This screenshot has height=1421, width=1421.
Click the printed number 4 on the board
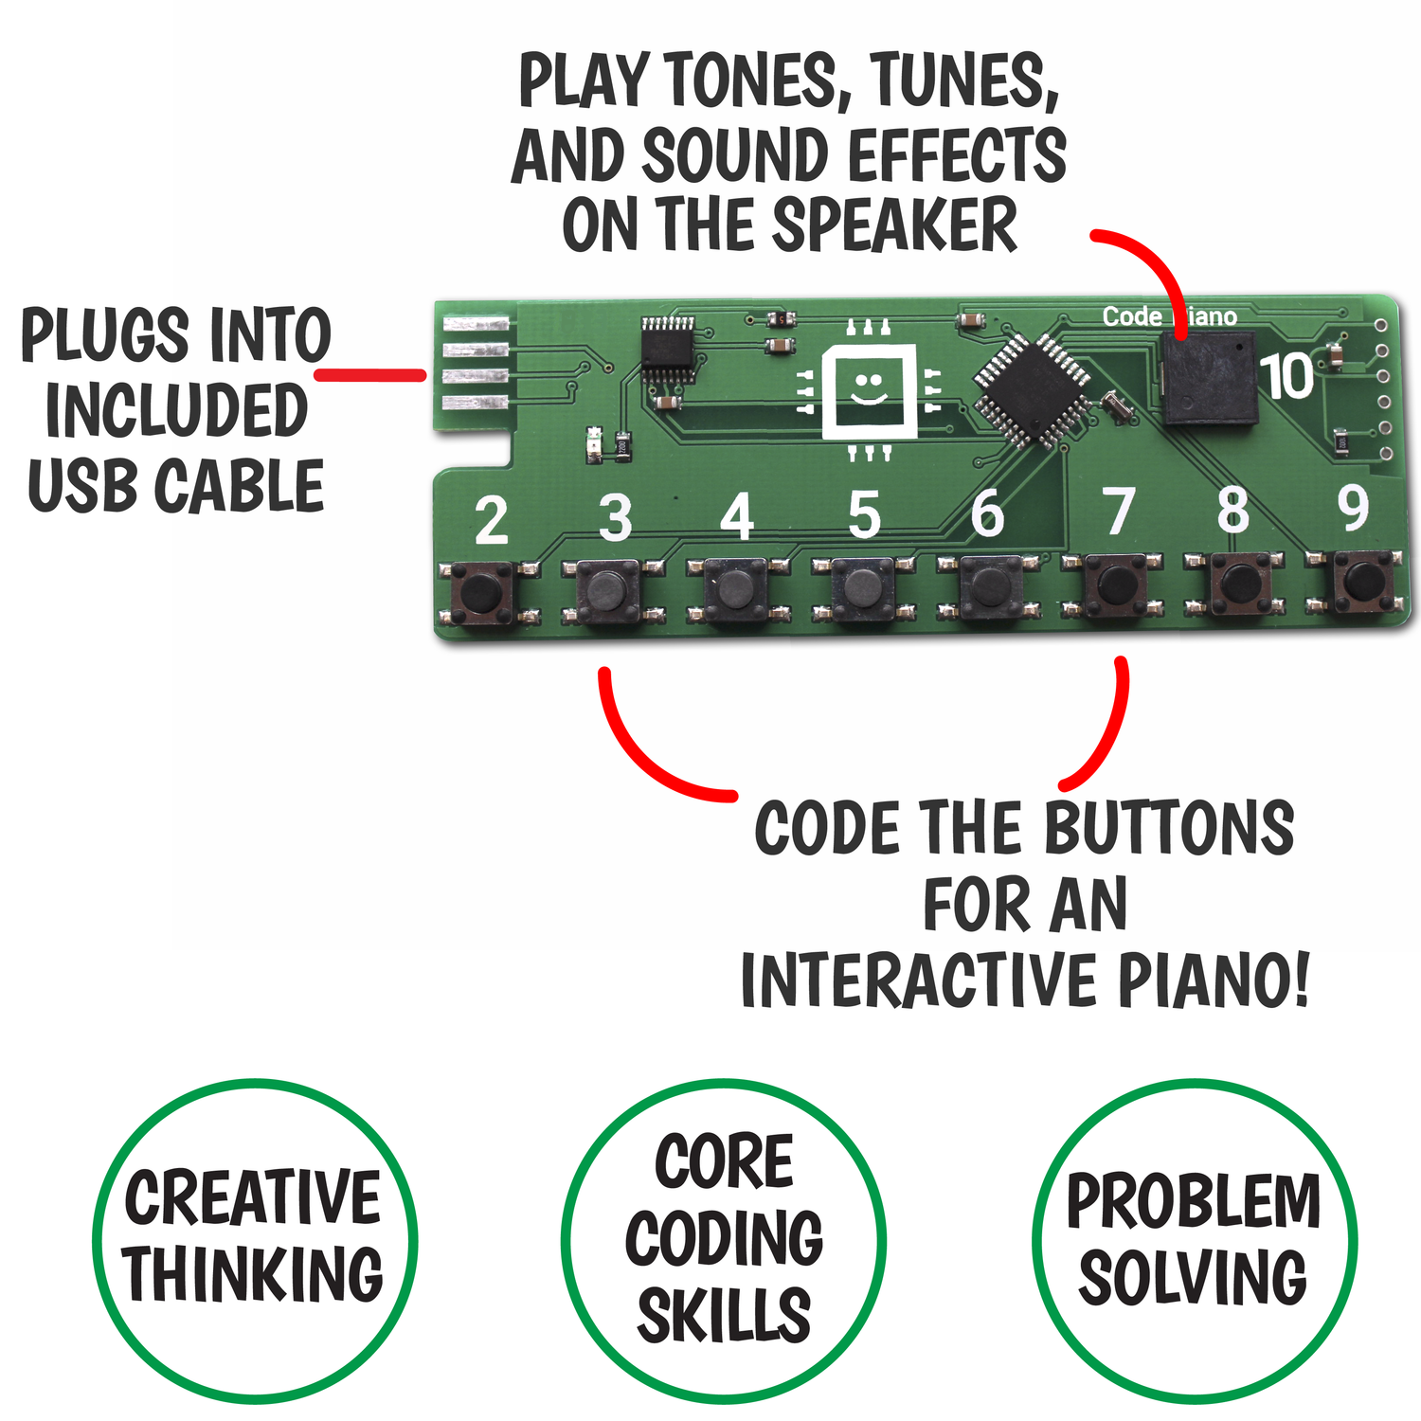pyautogui.click(x=736, y=517)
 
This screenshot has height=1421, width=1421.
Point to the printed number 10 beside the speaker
pyautogui.click(x=1286, y=377)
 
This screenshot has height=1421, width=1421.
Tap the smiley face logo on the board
pyautogui.click(x=868, y=389)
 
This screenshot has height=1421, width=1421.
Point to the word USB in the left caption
pyautogui.click(x=85, y=485)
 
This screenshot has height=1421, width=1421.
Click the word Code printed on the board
pyautogui.click(x=1131, y=316)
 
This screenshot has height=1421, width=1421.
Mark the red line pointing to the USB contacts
pyautogui.click(x=369, y=375)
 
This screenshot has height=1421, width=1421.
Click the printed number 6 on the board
pyautogui.click(x=986, y=514)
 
